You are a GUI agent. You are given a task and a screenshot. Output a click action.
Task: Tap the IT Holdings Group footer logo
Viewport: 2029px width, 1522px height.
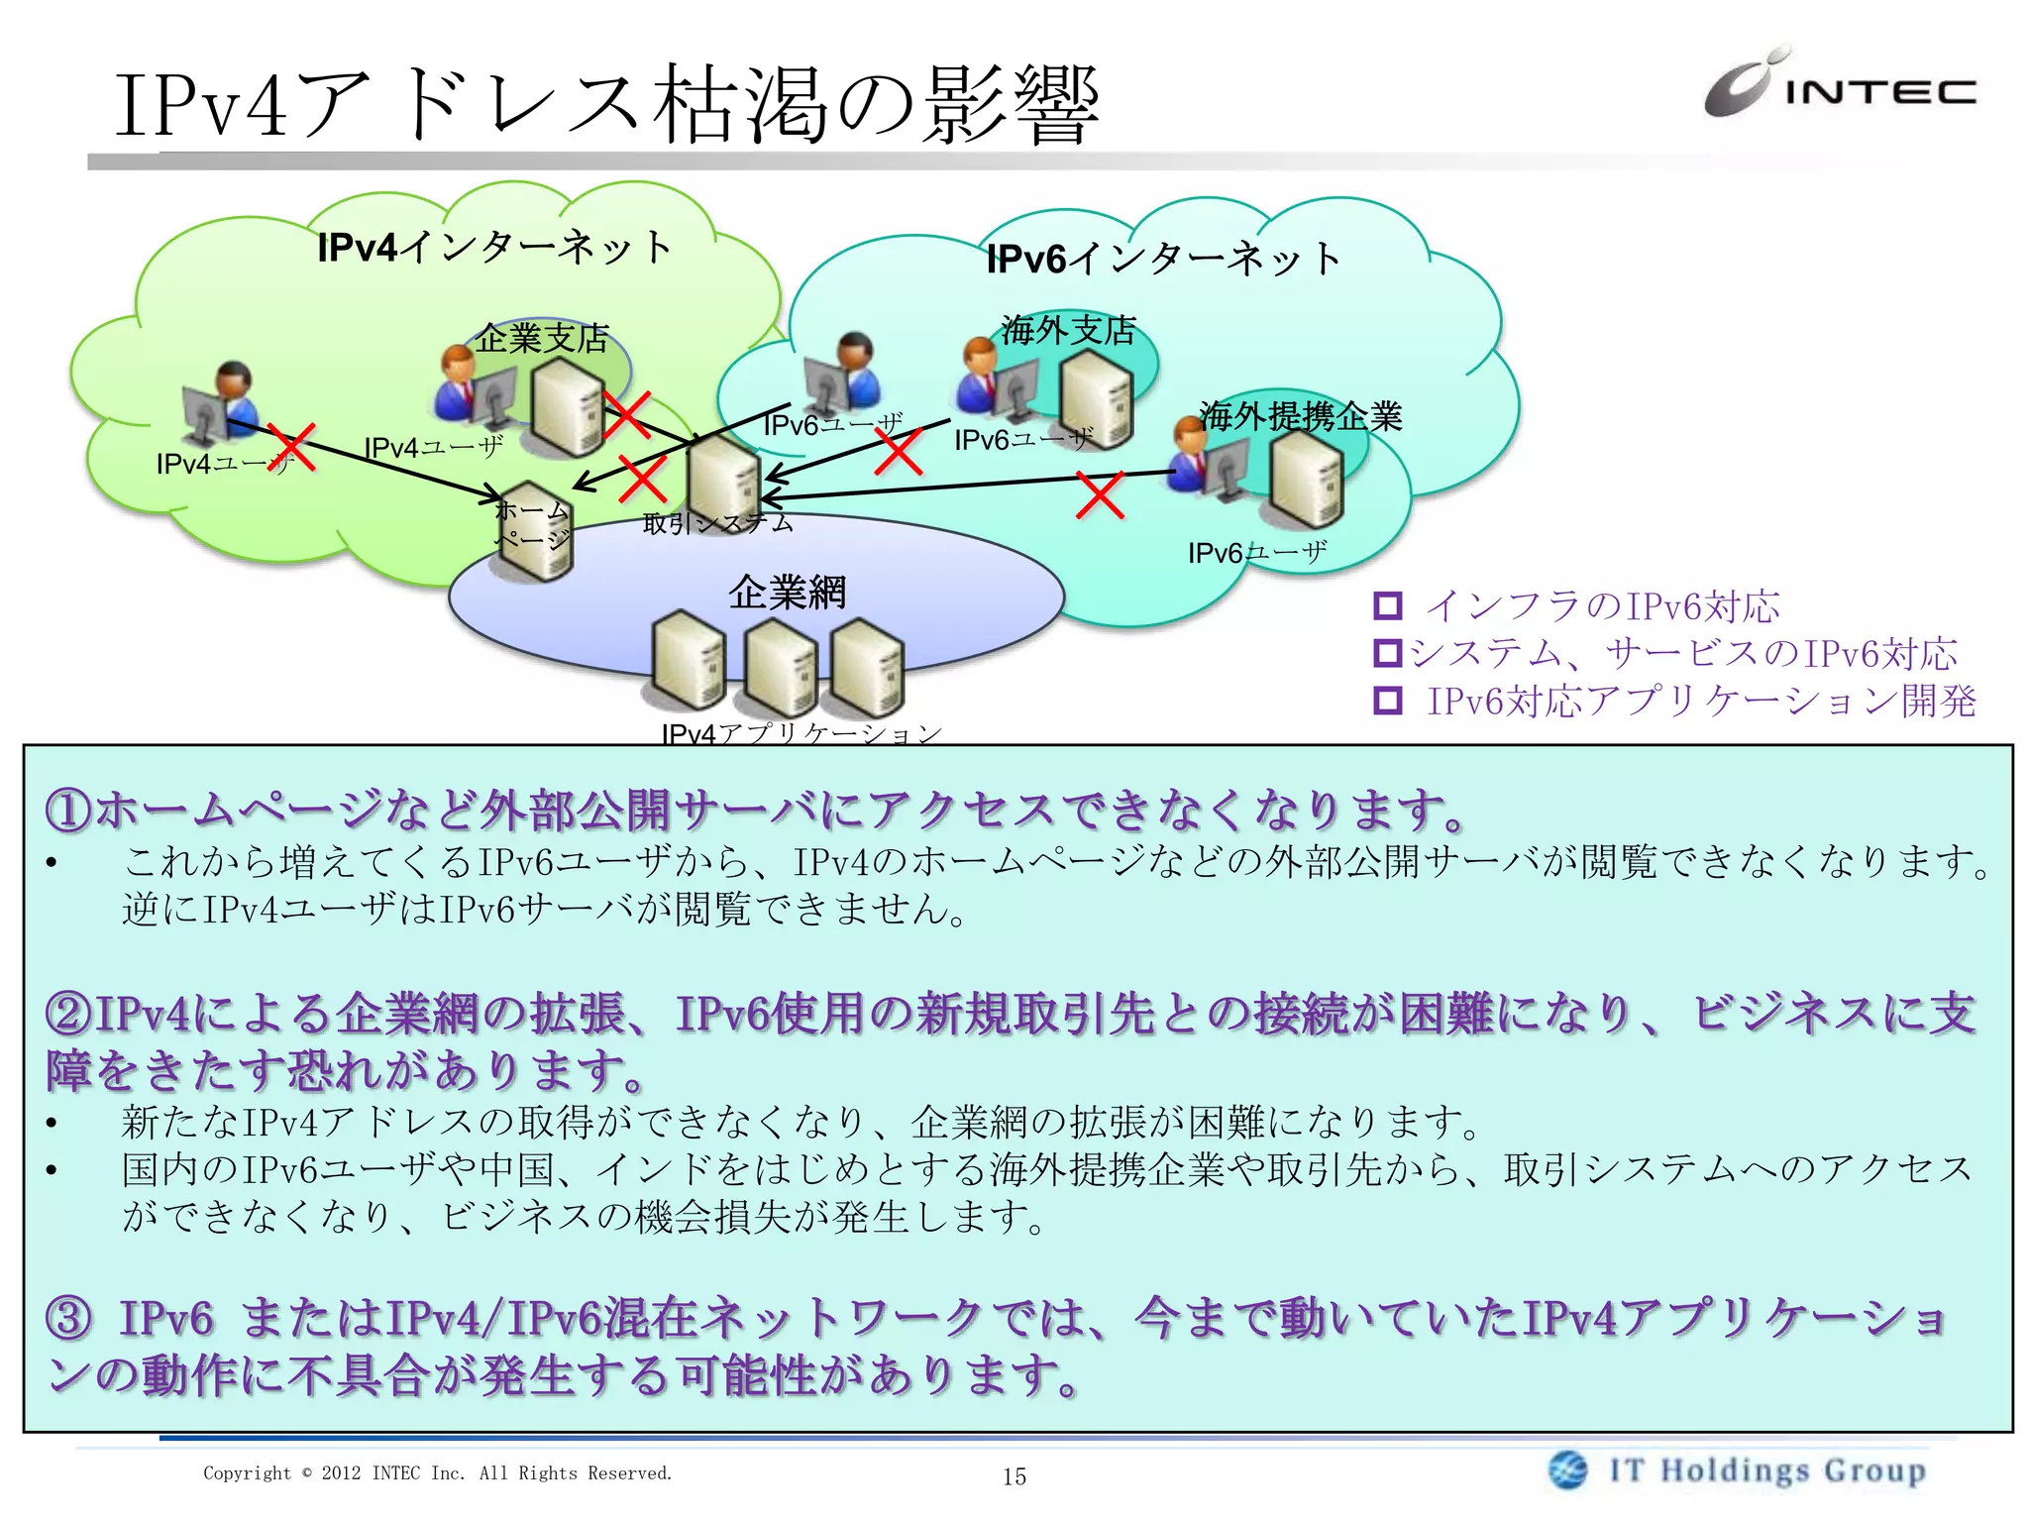point(1739,1469)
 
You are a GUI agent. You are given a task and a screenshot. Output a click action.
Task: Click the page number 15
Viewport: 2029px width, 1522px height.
point(1014,1476)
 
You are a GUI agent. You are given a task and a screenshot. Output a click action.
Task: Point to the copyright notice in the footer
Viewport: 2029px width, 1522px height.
point(437,1473)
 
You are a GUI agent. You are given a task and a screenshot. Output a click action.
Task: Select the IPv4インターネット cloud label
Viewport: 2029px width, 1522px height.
point(494,247)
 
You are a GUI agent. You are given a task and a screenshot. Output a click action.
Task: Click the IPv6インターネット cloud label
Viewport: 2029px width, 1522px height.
point(1164,259)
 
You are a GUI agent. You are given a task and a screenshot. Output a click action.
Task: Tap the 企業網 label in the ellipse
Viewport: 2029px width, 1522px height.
point(788,593)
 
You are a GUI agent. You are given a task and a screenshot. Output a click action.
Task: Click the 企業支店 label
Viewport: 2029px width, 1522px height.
point(542,339)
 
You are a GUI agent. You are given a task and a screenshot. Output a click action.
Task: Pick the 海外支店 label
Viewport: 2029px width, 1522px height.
point(1068,330)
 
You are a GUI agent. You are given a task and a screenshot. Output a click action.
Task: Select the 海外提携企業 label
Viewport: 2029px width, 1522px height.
point(1300,416)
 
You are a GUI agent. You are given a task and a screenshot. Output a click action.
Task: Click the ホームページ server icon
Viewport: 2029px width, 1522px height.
point(535,530)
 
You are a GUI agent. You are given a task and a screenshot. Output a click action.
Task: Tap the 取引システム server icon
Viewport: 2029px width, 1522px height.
point(723,481)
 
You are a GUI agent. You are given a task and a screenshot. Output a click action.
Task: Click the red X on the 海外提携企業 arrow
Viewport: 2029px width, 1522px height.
point(1100,495)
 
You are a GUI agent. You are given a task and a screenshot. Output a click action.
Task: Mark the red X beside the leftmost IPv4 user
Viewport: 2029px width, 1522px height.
point(290,448)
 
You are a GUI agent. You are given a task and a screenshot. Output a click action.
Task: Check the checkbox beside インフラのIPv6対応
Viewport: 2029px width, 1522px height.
point(1388,605)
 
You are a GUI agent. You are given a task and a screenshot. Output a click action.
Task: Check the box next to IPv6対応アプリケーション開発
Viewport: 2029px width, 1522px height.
point(1388,701)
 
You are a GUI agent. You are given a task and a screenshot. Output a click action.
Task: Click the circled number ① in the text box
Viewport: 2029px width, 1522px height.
point(68,811)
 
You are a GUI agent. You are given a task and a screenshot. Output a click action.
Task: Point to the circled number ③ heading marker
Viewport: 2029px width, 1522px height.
point(68,1319)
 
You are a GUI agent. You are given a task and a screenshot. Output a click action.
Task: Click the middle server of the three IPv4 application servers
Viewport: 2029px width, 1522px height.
point(780,667)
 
